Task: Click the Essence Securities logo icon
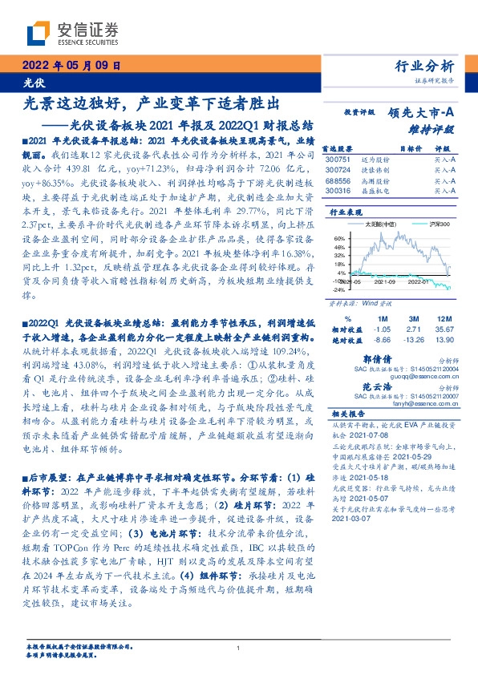(x=38, y=33)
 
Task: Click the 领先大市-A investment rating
(x=423, y=113)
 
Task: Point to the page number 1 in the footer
(x=239, y=649)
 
